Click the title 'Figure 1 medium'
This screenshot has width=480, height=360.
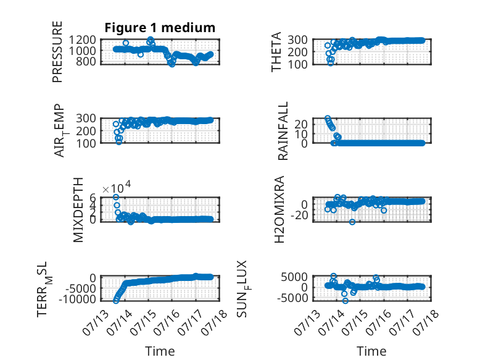(160, 28)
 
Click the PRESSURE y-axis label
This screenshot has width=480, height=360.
(57, 52)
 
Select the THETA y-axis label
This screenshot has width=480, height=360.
(276, 52)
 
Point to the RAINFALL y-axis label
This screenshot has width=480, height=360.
(283, 131)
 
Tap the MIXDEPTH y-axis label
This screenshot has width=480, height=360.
(78, 210)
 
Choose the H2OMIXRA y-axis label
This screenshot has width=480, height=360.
(279, 209)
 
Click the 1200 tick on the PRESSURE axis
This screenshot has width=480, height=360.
(82, 40)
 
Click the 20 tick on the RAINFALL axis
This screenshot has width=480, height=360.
(300, 124)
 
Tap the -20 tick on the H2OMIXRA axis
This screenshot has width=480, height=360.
(299, 216)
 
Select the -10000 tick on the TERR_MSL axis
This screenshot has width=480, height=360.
(77, 299)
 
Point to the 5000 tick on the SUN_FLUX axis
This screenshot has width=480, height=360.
(294, 277)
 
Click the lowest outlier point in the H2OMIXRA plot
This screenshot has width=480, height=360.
(352, 222)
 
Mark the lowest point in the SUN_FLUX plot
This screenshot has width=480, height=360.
(346, 301)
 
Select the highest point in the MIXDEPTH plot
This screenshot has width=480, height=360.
(116, 197)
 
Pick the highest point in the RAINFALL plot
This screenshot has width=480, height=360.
(328, 119)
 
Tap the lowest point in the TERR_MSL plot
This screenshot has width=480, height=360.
(116, 301)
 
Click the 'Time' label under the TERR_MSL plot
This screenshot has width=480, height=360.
(160, 351)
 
